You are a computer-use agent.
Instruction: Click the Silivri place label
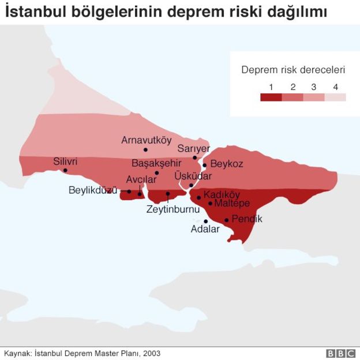[x=65, y=162]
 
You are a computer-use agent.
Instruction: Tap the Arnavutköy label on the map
[x=146, y=140]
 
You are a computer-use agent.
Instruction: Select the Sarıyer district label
[x=194, y=148]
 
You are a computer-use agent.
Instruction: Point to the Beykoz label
[x=227, y=164]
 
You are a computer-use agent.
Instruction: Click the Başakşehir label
[x=156, y=163]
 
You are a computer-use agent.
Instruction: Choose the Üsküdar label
[x=193, y=176]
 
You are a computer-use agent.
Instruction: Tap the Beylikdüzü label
[x=93, y=190]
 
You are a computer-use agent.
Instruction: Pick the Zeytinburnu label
[x=173, y=209]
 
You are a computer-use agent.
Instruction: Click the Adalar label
[x=205, y=229]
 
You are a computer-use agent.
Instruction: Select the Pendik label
[x=247, y=219]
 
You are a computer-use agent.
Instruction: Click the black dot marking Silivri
[x=65, y=170]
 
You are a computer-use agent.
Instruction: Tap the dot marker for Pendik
[x=226, y=220]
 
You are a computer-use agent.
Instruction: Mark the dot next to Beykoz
[x=204, y=164]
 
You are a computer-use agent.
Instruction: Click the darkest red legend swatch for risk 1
[x=271, y=97]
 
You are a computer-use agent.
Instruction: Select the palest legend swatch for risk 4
[x=335, y=97]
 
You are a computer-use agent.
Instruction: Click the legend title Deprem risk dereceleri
[x=293, y=70]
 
